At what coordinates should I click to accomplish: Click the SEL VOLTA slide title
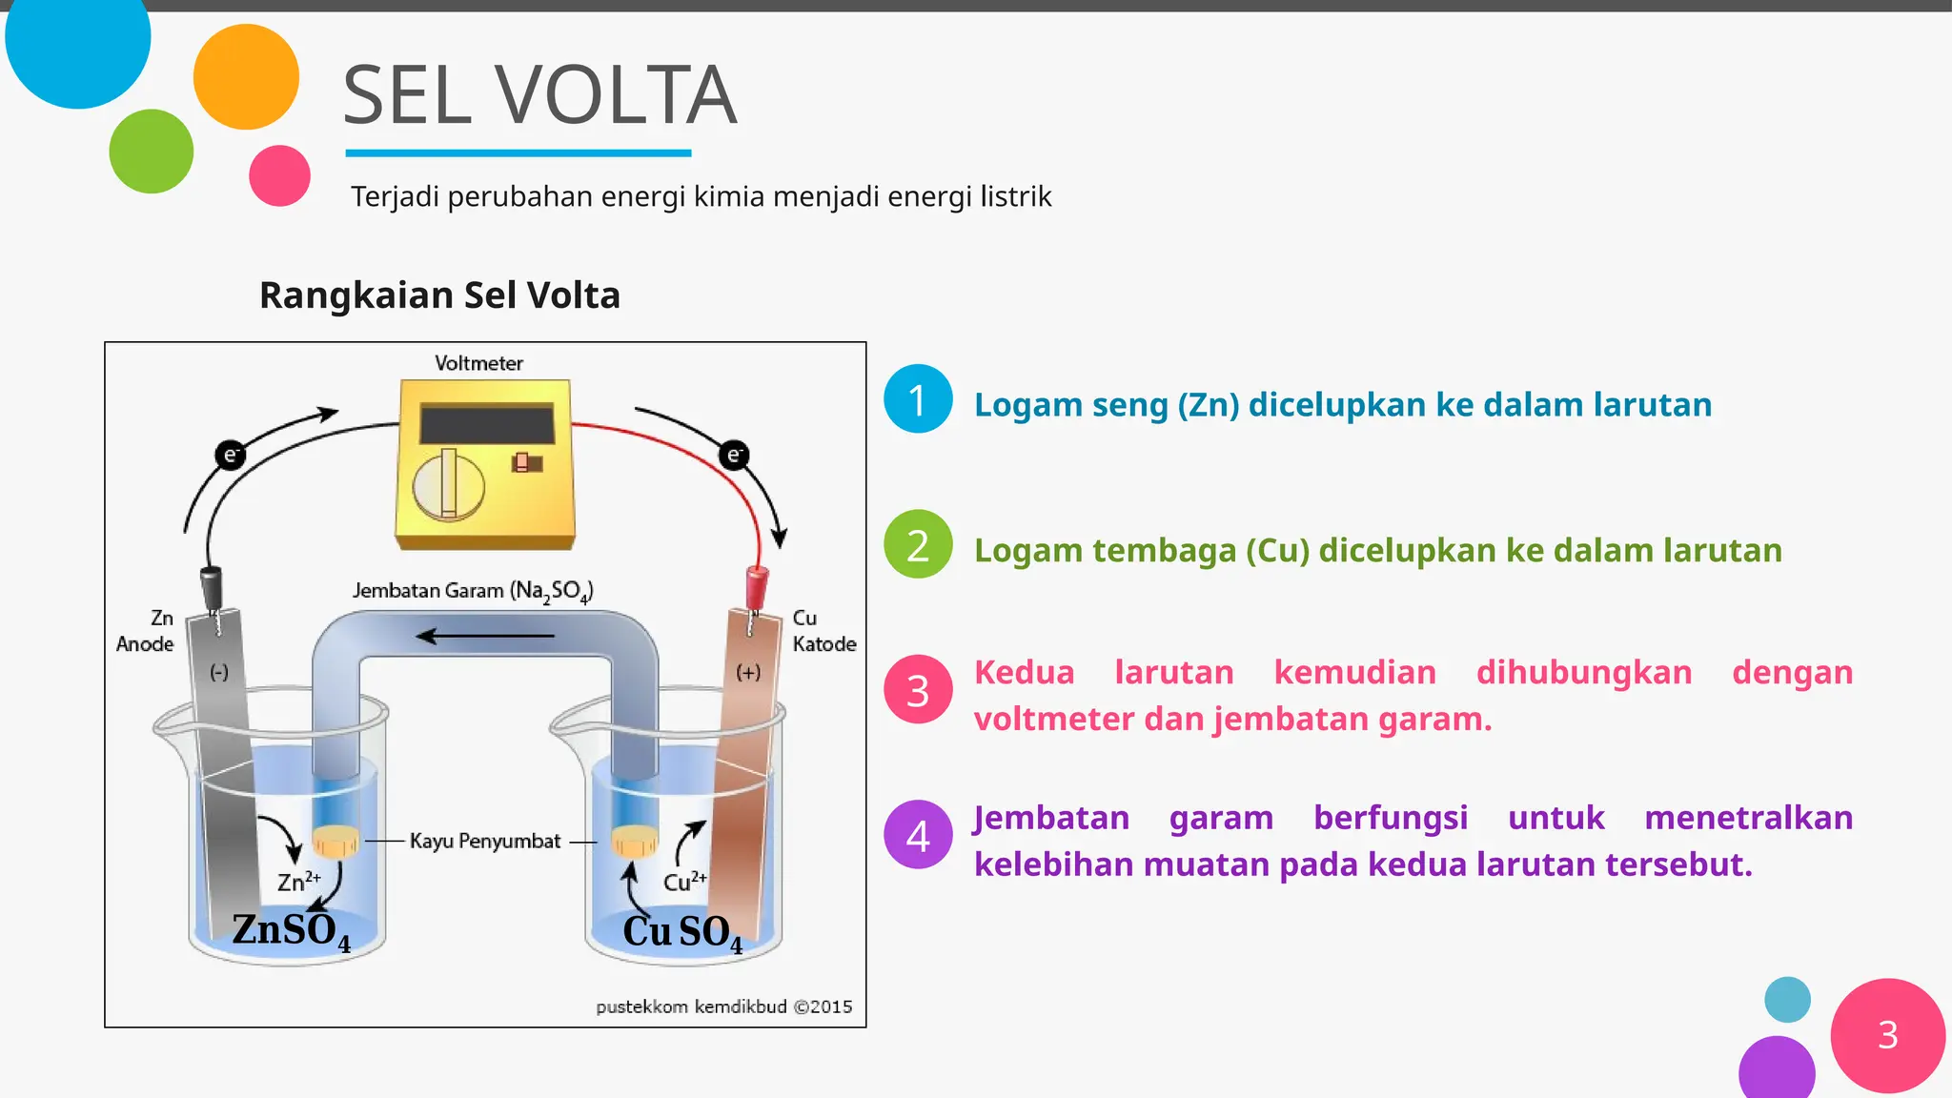[x=539, y=95]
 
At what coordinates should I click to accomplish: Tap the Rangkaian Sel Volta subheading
[x=439, y=295]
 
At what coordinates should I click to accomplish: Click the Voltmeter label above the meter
[x=478, y=363]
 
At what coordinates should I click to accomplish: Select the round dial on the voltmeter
[x=448, y=485]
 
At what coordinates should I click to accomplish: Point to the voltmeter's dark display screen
[x=487, y=423]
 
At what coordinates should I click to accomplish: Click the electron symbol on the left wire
[x=230, y=455]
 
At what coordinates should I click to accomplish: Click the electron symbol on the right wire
[x=734, y=455]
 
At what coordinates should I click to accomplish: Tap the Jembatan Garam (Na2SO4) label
[x=473, y=591]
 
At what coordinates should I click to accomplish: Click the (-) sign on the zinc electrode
[x=219, y=673]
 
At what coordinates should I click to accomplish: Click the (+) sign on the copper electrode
[x=748, y=673]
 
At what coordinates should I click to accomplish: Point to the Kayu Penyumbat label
[x=484, y=841]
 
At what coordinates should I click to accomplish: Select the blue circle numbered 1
[x=918, y=399]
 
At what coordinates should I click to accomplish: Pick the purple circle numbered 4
[x=918, y=835]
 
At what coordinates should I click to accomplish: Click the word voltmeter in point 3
[x=1054, y=719]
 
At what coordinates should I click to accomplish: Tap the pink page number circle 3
[x=1887, y=1035]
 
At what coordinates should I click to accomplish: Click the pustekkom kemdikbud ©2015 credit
[x=723, y=1006]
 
